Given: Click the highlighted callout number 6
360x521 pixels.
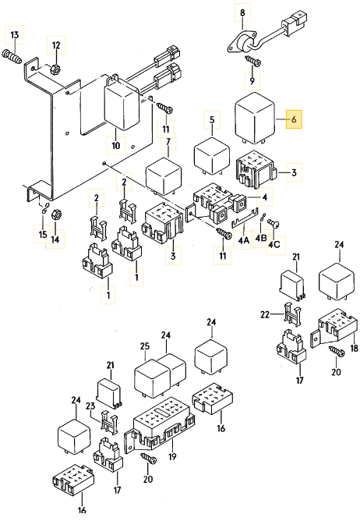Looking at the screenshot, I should [295, 121].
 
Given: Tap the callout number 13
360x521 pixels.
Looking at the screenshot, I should [15, 33].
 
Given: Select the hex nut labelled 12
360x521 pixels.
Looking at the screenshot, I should [55, 68].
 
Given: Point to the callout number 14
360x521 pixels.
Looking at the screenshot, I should [55, 239].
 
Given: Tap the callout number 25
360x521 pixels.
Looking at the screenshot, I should [145, 346].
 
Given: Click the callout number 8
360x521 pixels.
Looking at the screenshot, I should [242, 13].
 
